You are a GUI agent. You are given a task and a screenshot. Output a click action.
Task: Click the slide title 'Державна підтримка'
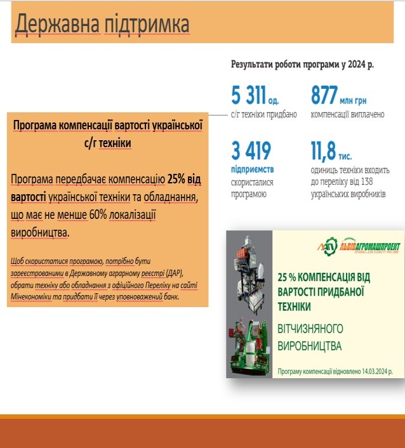(102, 24)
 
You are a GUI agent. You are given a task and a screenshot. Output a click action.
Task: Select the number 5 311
(248, 96)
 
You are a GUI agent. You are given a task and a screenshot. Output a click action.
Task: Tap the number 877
(327, 96)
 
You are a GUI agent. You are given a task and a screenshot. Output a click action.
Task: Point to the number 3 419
(251, 151)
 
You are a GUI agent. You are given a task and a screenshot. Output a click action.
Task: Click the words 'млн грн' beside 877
(357, 100)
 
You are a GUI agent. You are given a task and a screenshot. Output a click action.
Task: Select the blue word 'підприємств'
(252, 170)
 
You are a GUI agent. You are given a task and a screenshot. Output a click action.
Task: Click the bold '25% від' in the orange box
(184, 180)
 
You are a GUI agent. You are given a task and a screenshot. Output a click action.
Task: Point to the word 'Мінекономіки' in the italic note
(33, 296)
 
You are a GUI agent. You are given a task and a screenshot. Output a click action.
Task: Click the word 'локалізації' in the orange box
(125, 215)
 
